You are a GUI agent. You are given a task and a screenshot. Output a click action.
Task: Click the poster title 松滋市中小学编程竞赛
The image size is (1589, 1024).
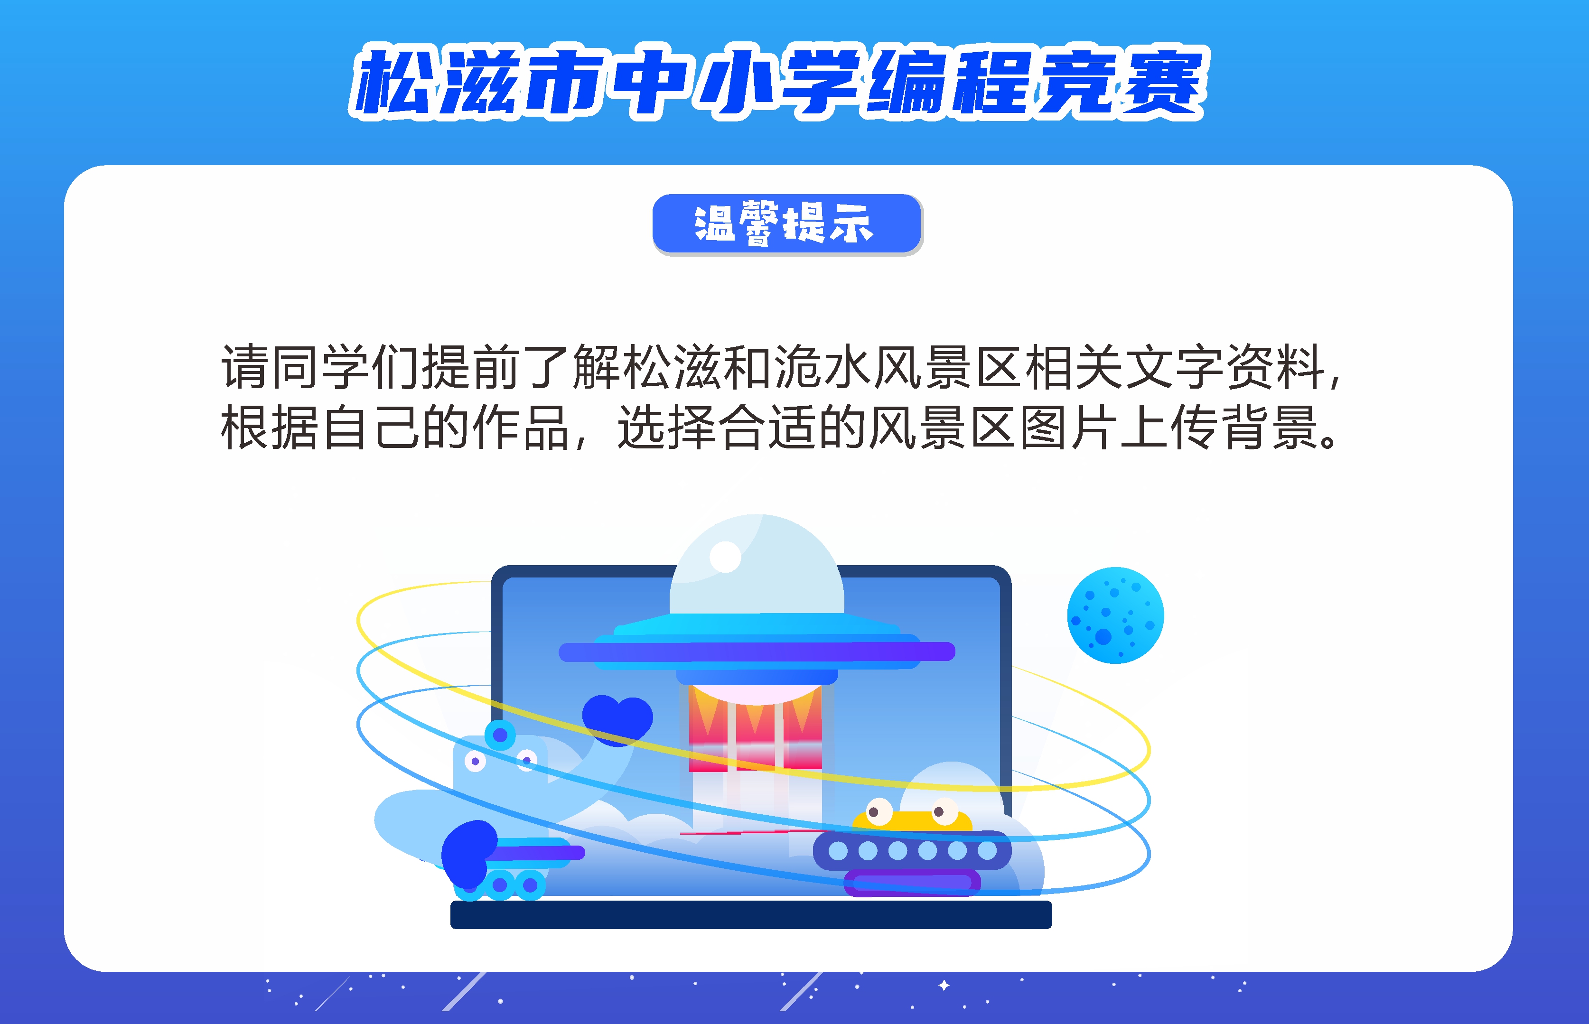point(778,83)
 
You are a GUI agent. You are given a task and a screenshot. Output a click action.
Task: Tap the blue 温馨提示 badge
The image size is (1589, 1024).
point(787,223)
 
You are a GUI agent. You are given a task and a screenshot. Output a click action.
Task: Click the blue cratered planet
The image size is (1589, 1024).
point(1115,614)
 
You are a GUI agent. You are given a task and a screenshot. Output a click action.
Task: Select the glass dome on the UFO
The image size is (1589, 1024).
point(757,565)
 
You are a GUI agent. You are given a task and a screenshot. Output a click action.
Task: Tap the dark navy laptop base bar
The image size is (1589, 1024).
point(751,914)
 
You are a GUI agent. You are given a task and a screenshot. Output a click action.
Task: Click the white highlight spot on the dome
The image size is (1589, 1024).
point(725,557)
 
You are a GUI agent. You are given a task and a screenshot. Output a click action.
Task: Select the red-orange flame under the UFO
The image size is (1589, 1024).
point(755,728)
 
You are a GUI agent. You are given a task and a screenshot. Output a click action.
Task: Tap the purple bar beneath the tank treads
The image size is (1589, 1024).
point(912,883)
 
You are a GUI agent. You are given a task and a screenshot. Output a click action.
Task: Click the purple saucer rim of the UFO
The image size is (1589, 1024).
point(757,652)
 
